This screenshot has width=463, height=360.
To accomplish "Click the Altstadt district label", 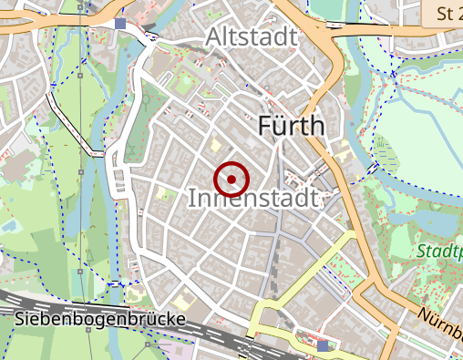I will tap(252, 37).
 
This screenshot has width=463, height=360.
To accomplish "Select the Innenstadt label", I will tap(253, 198).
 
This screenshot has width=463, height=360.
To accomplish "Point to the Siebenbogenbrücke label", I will tap(100, 319).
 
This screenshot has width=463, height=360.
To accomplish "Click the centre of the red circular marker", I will tap(232, 179).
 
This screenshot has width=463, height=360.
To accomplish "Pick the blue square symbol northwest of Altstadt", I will tap(121, 23).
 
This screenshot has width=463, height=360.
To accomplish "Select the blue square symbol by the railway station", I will tap(324, 345).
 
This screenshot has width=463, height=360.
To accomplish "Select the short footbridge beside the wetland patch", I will tap(372, 169).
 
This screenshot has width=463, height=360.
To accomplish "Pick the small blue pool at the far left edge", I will tap(7, 223).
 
